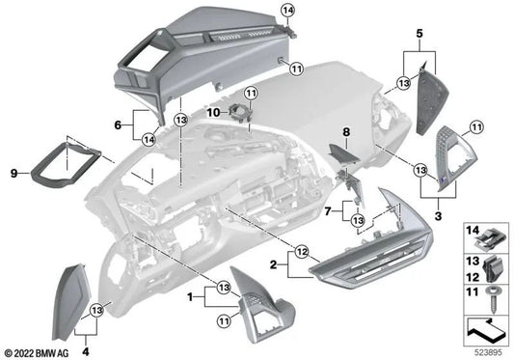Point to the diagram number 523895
click(487, 350)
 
